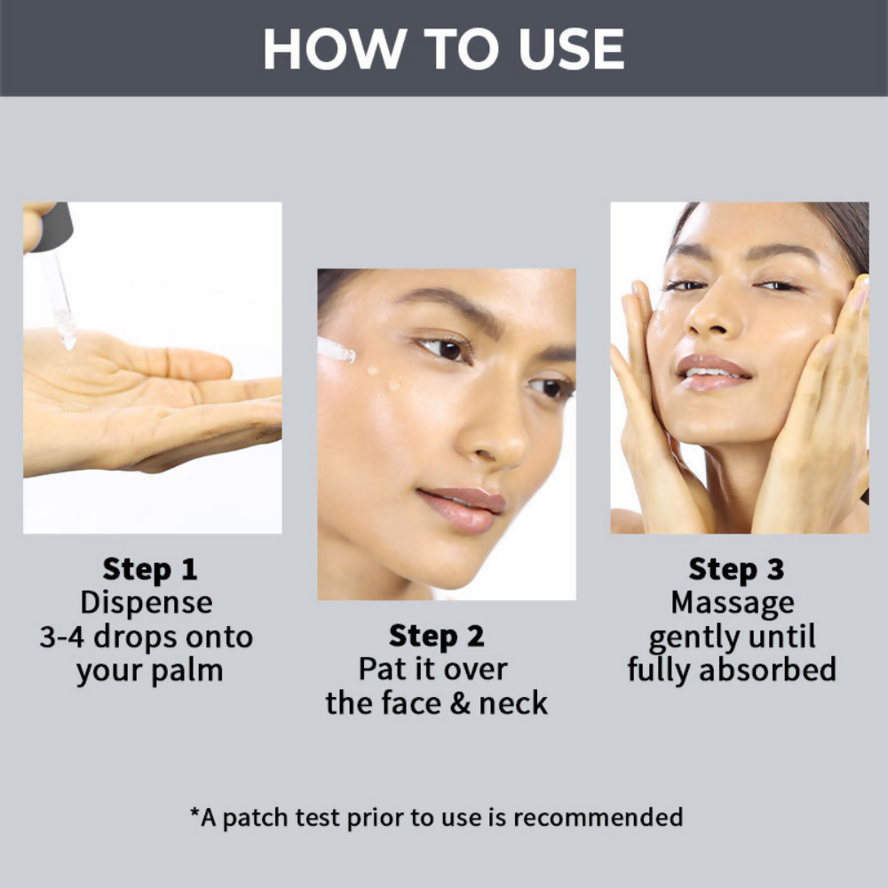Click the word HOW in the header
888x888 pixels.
(x=335, y=49)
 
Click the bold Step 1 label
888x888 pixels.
(x=150, y=569)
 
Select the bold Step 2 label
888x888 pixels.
(x=437, y=636)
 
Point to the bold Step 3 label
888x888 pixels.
(x=736, y=569)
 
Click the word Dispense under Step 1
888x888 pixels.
(x=147, y=603)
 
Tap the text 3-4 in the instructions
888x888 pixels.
(x=62, y=637)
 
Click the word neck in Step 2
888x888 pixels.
(x=513, y=703)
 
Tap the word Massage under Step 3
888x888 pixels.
(x=733, y=604)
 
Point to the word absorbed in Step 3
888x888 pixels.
(x=767, y=670)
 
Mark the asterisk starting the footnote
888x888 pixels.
(x=194, y=813)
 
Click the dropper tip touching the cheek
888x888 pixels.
(x=346, y=354)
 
